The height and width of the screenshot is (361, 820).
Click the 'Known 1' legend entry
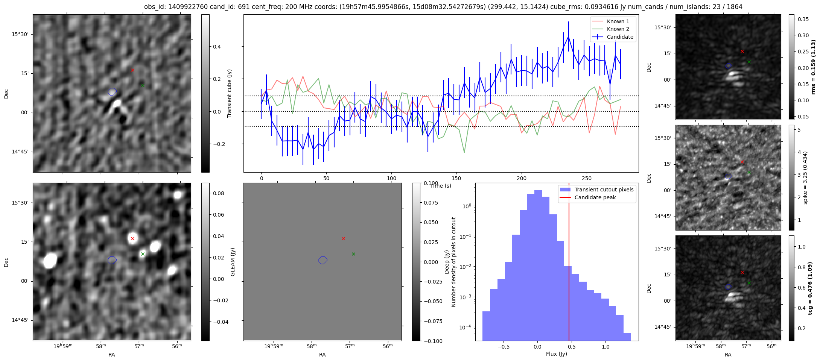tap(618, 21)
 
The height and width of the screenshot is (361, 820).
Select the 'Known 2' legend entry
tap(618, 29)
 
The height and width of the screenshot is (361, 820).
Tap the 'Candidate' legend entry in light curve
tap(620, 37)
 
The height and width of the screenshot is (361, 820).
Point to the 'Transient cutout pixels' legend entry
tap(604, 190)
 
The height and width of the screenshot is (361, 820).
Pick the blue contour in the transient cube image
tap(112, 92)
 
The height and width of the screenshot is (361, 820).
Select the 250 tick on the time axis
tap(587, 178)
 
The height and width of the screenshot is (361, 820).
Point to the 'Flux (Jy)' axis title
tap(556, 354)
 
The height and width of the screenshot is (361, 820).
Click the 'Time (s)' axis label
tap(441, 186)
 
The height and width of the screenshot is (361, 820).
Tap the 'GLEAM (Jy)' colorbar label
tap(233, 262)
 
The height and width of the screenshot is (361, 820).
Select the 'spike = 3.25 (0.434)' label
tap(805, 177)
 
